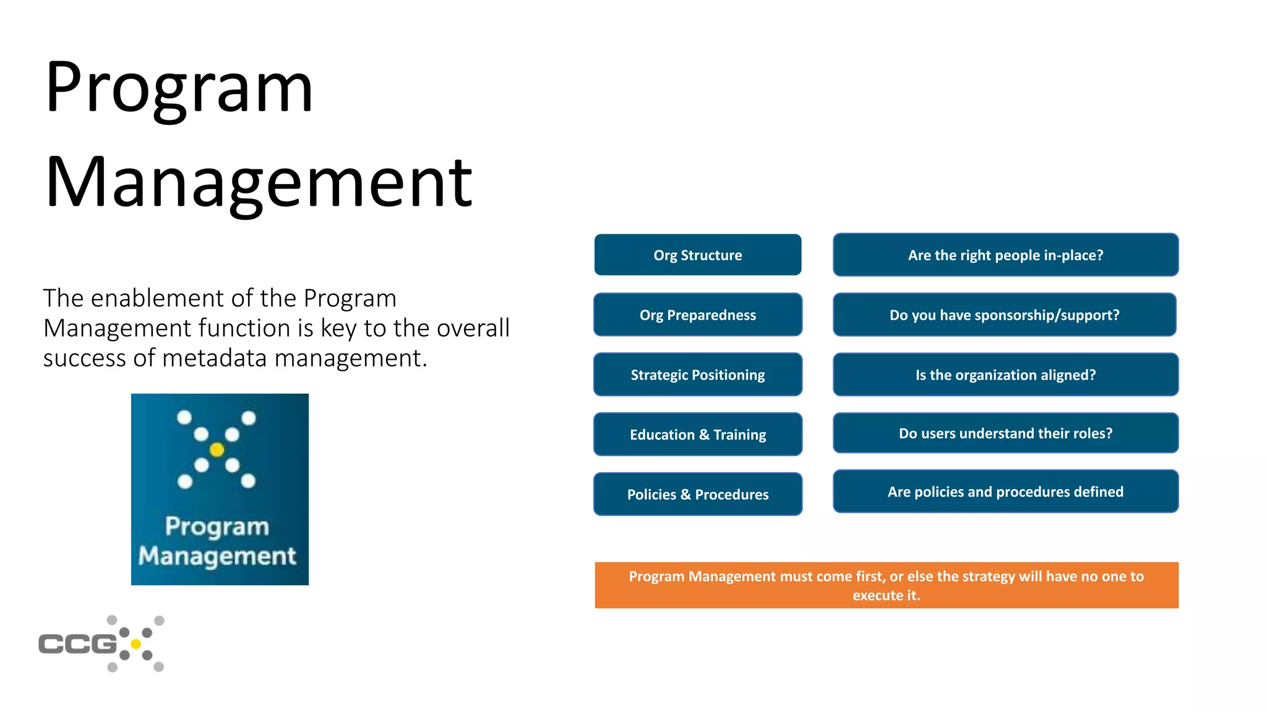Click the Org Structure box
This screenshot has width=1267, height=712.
click(697, 255)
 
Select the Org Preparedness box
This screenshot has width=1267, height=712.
click(697, 315)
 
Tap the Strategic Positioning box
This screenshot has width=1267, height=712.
click(697, 375)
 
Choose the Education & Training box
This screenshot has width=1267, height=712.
click(697, 434)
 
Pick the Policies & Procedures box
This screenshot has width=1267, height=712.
click(697, 494)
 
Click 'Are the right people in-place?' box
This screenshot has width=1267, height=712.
click(1005, 255)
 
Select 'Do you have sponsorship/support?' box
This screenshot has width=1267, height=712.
click(1004, 315)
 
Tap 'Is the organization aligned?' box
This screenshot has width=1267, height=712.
click(1005, 375)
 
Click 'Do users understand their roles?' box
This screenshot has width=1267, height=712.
click(1005, 433)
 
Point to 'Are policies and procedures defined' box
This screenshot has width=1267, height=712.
click(1005, 491)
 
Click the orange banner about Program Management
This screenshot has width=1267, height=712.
click(886, 585)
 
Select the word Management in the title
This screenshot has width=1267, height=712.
click(259, 183)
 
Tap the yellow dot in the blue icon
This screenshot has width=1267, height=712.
click(217, 449)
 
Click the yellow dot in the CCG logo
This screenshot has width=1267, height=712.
click(136, 644)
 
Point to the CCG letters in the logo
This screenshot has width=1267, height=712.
click(77, 644)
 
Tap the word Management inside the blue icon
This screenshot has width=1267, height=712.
click(217, 556)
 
